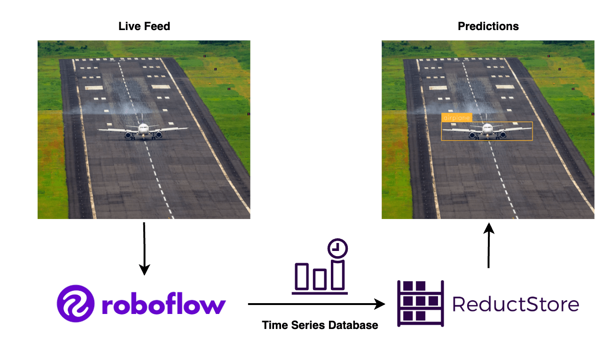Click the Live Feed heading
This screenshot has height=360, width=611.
[x=144, y=26]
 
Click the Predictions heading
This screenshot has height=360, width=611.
[x=488, y=26]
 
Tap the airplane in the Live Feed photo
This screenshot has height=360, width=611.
[x=143, y=130]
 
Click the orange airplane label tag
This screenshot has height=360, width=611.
[x=456, y=117]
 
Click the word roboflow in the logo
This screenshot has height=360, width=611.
[x=163, y=305]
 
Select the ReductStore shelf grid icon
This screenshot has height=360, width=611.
[x=420, y=303]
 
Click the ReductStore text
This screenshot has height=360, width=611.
[x=515, y=304]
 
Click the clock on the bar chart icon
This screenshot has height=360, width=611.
[x=338, y=248]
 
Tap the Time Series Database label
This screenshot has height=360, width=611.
[x=320, y=325]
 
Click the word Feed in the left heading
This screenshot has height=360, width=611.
[x=158, y=26]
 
